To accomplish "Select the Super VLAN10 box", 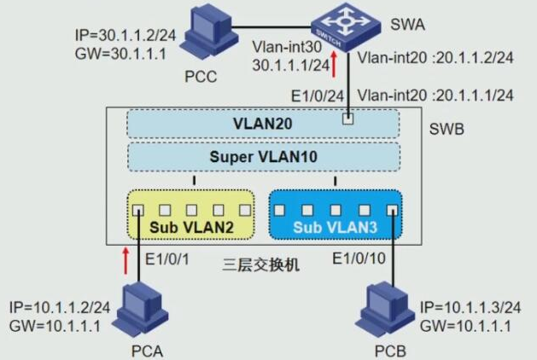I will click(263, 157).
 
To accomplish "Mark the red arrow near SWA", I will click(335, 67).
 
